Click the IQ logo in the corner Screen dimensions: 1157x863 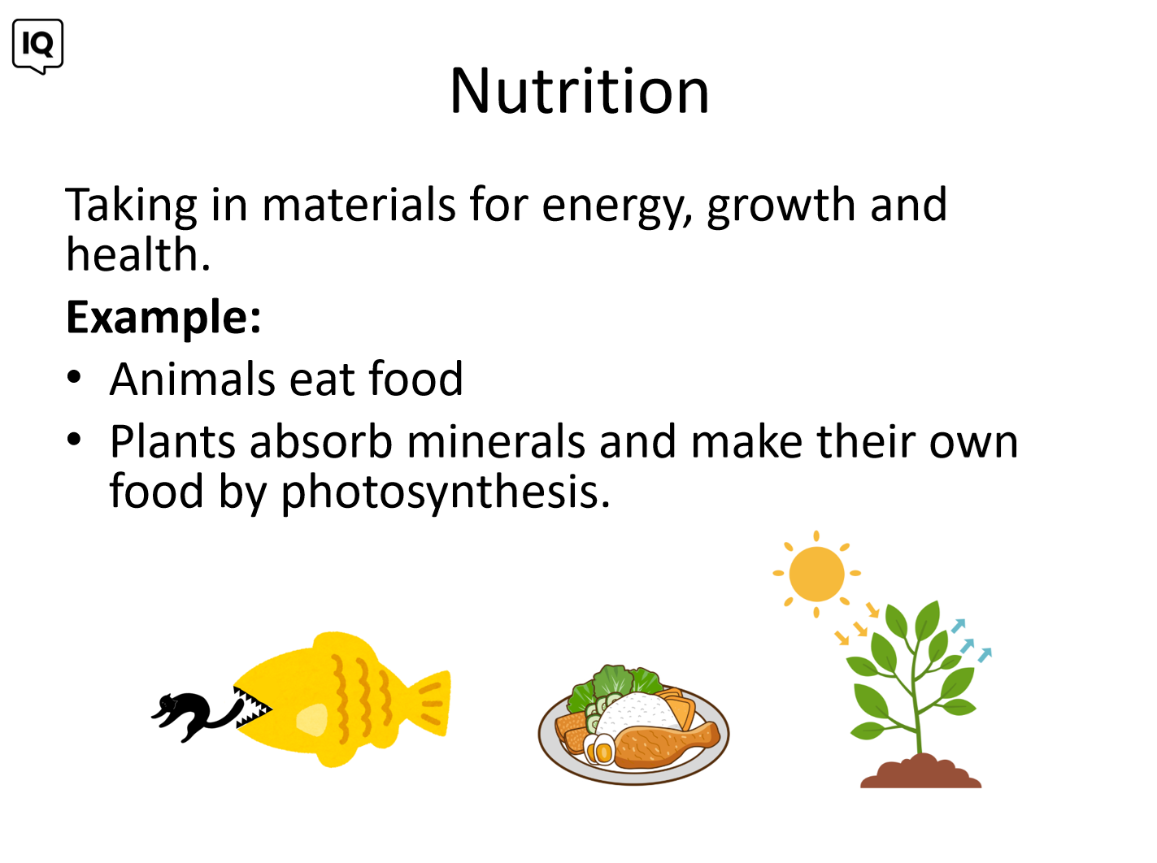[x=37, y=46]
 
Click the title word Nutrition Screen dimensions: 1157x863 [x=579, y=91]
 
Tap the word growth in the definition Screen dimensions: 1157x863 [x=781, y=207]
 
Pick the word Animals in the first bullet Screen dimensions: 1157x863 [x=193, y=379]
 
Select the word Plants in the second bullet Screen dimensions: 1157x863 [x=172, y=441]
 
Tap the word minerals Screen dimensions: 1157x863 [x=495, y=441]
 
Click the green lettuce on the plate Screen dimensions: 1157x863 [x=614, y=683]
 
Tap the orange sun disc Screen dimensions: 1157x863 [x=816, y=574]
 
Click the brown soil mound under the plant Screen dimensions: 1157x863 [x=920, y=771]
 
